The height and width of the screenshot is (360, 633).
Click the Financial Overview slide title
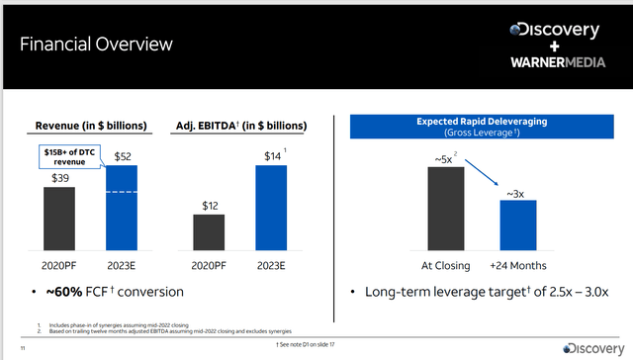97,45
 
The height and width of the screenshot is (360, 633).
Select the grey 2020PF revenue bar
58,220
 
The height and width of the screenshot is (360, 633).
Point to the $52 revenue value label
122,157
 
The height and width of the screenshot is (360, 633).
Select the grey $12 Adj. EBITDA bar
211,231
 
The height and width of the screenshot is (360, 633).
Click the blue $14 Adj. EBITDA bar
270,208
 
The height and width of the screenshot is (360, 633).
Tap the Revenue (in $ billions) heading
91,126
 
